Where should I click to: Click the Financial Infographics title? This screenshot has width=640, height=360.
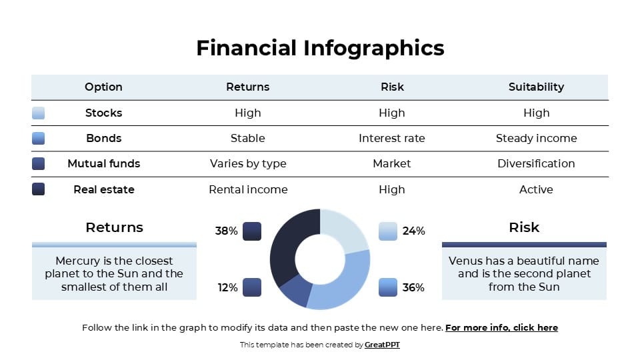pyautogui.click(x=320, y=48)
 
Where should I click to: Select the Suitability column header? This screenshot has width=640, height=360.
pyautogui.click(x=536, y=87)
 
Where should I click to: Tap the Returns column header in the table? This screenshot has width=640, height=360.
pyautogui.click(x=248, y=87)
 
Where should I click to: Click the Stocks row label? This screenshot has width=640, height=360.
pyautogui.click(x=103, y=113)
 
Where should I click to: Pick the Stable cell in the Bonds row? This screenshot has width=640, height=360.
pyautogui.click(x=248, y=138)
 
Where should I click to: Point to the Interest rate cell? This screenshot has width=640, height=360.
pyautogui.click(x=391, y=138)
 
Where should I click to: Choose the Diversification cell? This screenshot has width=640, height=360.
pyautogui.click(x=536, y=163)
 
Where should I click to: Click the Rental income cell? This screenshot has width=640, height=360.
pyautogui.click(x=248, y=189)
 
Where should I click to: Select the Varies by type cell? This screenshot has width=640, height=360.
pyautogui.click(x=248, y=163)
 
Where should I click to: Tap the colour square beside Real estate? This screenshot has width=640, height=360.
pyautogui.click(x=39, y=189)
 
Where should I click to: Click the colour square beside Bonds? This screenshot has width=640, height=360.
pyautogui.click(x=39, y=138)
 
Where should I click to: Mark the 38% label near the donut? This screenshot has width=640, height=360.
pyautogui.click(x=226, y=231)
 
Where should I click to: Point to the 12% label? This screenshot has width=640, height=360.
pyautogui.click(x=227, y=287)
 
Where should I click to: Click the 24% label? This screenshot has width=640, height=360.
pyautogui.click(x=413, y=231)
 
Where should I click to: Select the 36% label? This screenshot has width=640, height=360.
pyautogui.click(x=413, y=287)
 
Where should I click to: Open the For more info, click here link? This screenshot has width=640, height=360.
pyautogui.click(x=501, y=327)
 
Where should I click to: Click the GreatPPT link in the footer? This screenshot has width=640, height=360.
pyautogui.click(x=382, y=345)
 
